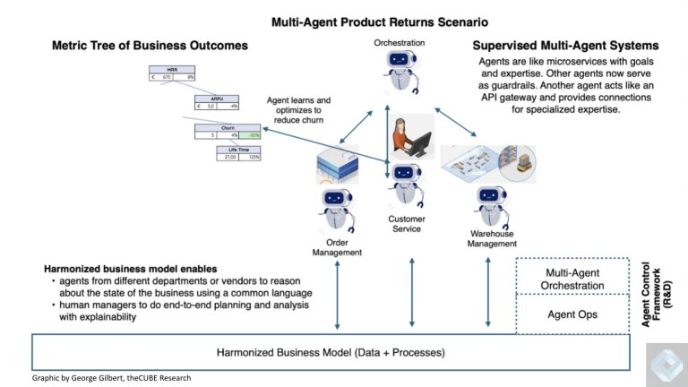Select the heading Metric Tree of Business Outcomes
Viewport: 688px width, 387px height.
coord(150,45)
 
